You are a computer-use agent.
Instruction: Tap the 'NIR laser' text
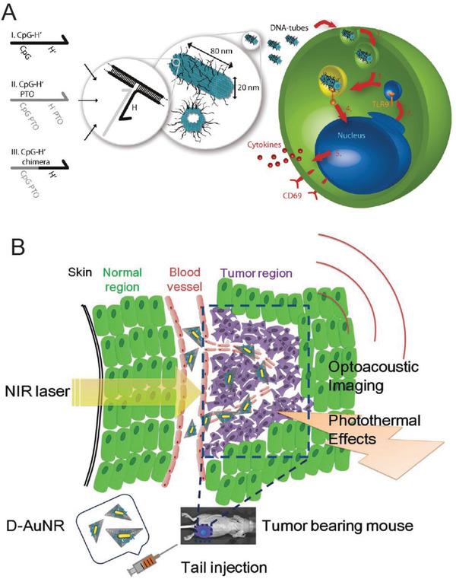click(38, 393)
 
